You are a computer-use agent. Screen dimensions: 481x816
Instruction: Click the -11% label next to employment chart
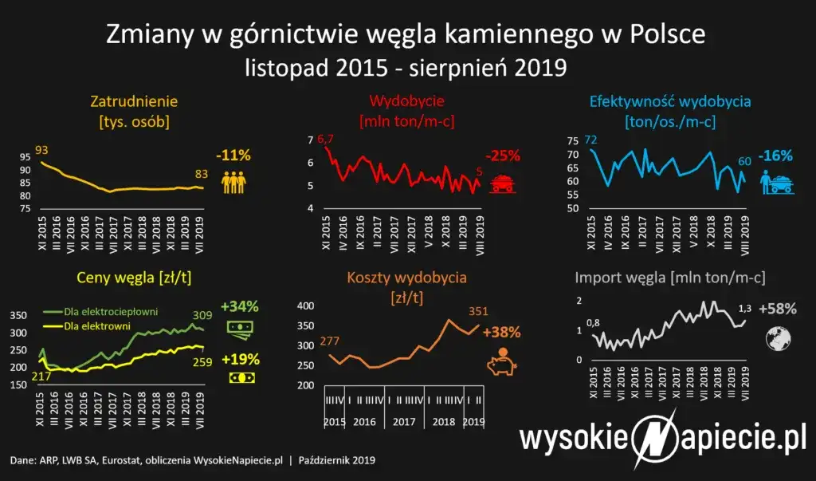pos(233,155)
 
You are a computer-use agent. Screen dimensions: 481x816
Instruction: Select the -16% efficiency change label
pos(774,155)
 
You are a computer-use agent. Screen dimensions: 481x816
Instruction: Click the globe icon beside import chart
pos(778,339)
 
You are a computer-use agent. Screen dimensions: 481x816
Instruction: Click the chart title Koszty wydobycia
pos(406,278)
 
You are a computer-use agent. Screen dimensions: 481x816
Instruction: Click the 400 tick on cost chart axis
pos(305,306)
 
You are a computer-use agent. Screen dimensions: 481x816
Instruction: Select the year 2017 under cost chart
pos(406,420)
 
